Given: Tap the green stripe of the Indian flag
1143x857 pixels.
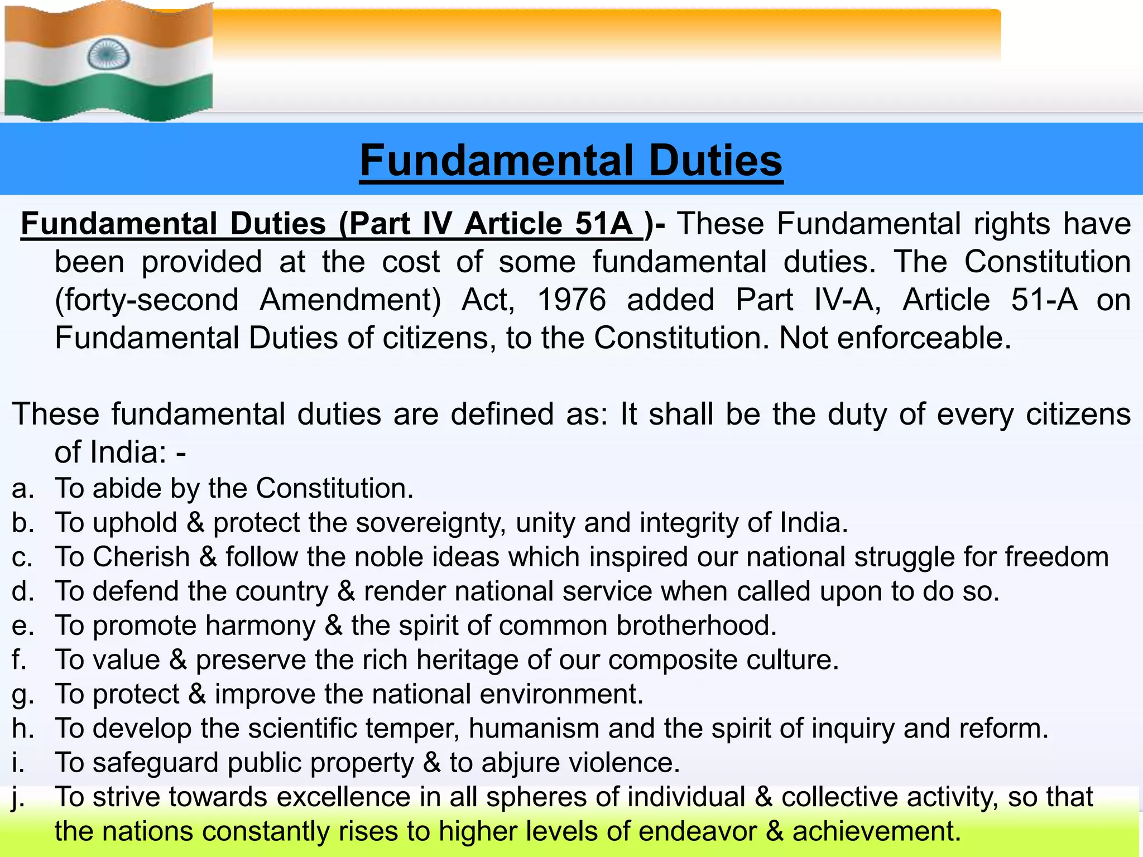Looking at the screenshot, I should point(109,98).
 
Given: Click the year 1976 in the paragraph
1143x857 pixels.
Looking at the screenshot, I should point(571,300).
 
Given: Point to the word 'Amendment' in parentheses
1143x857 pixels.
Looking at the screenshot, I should point(350,300).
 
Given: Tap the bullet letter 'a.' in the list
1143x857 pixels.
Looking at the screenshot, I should point(23,488).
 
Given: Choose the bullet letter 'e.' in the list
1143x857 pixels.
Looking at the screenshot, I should point(23,625).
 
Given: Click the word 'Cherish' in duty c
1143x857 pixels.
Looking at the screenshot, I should point(142,557).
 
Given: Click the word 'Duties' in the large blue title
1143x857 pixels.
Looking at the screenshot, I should point(715,161).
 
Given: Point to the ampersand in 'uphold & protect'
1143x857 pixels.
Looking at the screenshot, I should point(195,523).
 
